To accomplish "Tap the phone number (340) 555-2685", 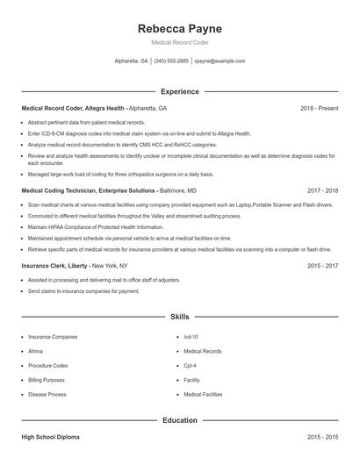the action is [x=171, y=61].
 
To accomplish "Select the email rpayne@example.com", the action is [x=220, y=61].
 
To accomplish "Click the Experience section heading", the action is [x=179, y=91].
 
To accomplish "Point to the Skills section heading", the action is [x=179, y=316].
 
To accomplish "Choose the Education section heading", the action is [x=179, y=420].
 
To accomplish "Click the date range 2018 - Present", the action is [x=319, y=108].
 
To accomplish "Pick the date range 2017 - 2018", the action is [x=322, y=190].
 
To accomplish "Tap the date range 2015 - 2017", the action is [x=322, y=264].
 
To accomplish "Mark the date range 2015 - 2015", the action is [x=322, y=437].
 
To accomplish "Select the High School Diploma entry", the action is [x=52, y=437].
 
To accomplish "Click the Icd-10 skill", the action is [x=191, y=337].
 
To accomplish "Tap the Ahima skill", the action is [x=36, y=351].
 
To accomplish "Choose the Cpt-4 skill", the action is [x=190, y=366].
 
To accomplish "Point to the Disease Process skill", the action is [x=47, y=395].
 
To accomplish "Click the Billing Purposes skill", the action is [x=47, y=380].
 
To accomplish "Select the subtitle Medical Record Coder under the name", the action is [x=179, y=42].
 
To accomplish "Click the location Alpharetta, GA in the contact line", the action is [x=132, y=61].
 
